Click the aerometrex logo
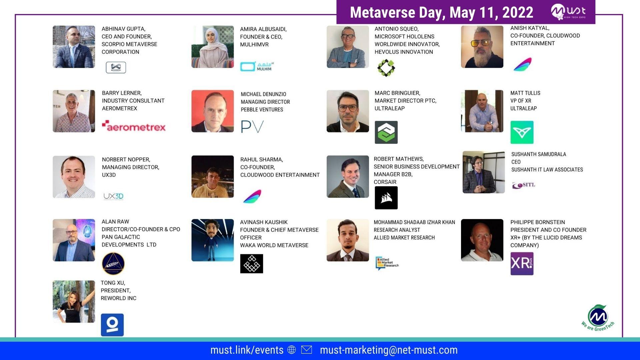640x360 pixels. coord(134,126)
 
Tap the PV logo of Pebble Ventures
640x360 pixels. coord(252,127)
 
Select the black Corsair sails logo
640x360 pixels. coord(386,198)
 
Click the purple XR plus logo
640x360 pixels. coord(522,263)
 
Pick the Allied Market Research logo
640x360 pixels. coord(387,263)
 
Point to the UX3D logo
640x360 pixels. coord(113,196)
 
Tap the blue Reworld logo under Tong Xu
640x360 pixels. coord(112,325)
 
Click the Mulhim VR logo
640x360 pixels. coord(257,66)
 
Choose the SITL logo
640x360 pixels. coord(524,185)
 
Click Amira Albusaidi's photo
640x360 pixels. coord(213,47)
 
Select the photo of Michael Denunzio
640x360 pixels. coord(213,111)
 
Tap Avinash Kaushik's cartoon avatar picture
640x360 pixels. coord(213,240)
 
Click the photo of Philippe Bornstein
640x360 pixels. coord(482,240)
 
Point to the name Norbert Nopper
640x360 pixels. coord(126,159)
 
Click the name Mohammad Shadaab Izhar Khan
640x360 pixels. coord(414,222)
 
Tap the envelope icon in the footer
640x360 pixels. coord(306,350)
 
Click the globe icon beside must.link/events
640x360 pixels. coord(292,350)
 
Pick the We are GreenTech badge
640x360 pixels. coord(598,318)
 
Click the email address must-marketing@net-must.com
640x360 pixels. coord(389,350)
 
